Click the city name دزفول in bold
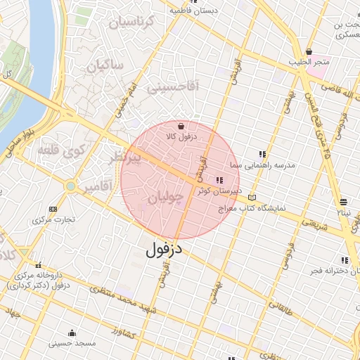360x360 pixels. coord(164,249)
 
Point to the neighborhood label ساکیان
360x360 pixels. coord(105,66)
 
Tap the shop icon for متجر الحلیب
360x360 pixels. coord(309,51)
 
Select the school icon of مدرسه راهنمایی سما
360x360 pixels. coord(262,154)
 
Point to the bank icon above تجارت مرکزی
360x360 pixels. coord(53,209)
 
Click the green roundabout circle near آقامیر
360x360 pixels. coord(70,186)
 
